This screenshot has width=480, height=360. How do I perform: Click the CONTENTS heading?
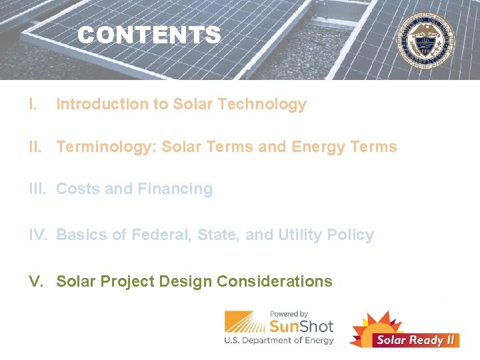(x=149, y=35)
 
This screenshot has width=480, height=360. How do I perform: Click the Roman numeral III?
(x=39, y=189)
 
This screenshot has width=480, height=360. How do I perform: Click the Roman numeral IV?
(x=39, y=235)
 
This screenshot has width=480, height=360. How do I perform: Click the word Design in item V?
(x=185, y=281)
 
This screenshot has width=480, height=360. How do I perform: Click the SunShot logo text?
(x=301, y=326)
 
